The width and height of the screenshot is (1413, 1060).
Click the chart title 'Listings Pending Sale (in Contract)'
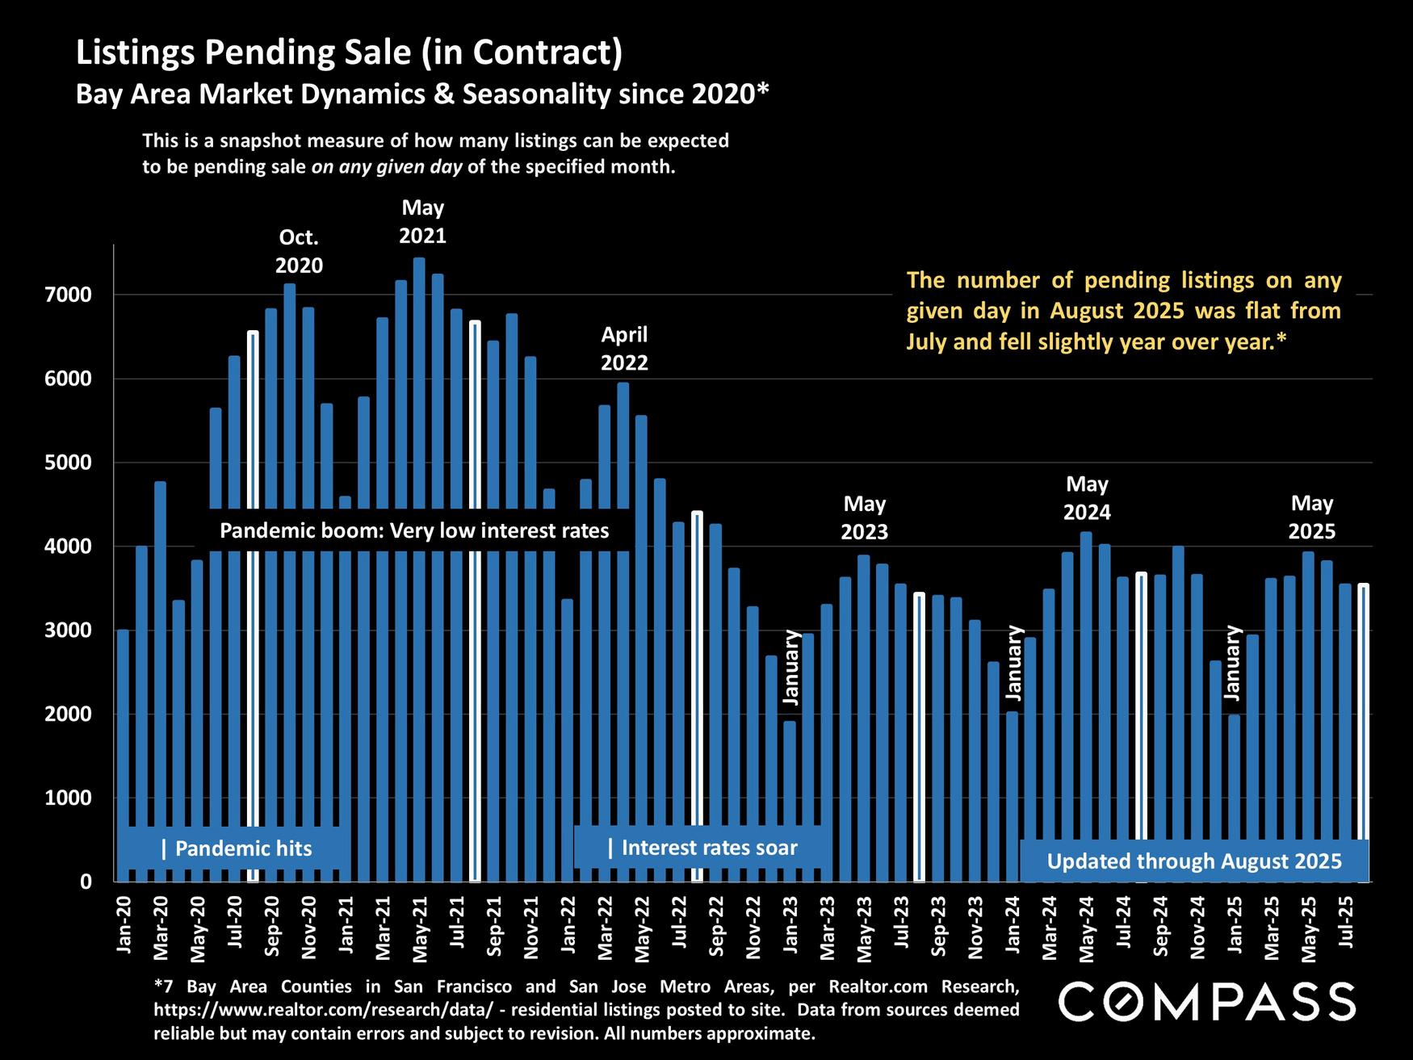tap(349, 53)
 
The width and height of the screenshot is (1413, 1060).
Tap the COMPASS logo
tap(1206, 1002)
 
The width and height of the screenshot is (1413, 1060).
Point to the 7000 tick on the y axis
tap(74, 295)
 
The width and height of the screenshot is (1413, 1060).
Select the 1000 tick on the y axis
tap(74, 798)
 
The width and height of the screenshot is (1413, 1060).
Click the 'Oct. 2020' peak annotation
tap(299, 251)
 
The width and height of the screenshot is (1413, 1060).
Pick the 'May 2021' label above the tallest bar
tap(423, 221)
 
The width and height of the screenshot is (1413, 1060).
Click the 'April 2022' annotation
tap(624, 348)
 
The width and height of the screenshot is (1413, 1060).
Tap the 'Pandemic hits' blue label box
tap(236, 848)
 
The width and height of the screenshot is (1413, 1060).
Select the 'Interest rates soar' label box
tap(702, 848)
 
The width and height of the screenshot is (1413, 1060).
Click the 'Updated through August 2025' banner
tap(1194, 861)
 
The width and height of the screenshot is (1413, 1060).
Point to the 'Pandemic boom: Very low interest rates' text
tap(414, 530)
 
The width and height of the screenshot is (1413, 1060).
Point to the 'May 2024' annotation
tap(1087, 498)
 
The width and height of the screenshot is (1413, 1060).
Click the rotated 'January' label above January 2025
tap(1232, 662)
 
